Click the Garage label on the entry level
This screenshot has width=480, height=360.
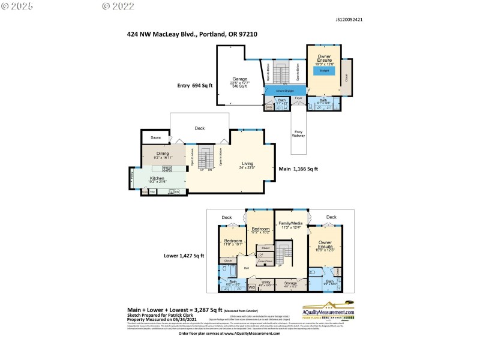click(240, 79)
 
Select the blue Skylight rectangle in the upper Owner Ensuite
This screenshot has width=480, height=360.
click(323, 70)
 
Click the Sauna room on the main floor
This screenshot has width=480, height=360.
click(156, 138)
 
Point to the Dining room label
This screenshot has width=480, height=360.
click(163, 154)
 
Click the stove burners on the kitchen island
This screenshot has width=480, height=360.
click(168, 169)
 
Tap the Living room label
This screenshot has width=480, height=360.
click(248, 163)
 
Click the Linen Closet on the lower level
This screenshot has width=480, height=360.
click(265, 261)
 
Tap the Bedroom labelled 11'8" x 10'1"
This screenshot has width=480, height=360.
click(232, 241)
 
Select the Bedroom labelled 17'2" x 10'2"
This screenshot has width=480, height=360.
click(260, 229)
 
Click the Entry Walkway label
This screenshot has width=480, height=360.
click(298, 133)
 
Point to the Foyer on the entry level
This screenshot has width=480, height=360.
click(298, 97)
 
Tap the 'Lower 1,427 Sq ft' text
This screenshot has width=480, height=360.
click(184, 256)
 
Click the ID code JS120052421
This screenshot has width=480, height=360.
click(349, 19)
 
